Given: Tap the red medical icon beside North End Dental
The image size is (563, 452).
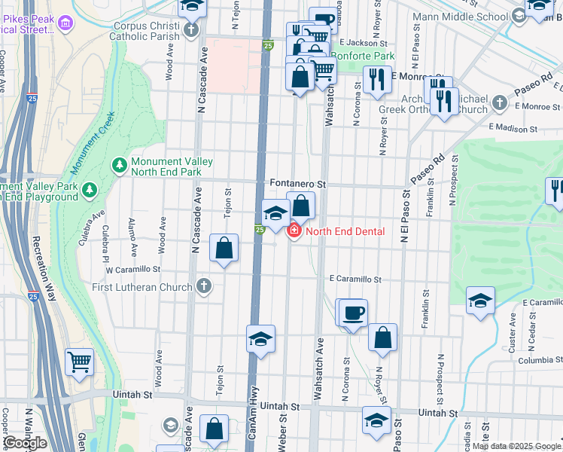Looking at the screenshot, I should coord(294,231).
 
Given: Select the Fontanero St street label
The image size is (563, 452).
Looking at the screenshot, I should coord(297,184).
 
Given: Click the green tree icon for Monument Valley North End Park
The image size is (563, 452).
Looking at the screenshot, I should coord(119,163).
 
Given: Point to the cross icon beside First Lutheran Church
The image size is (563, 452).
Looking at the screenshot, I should coord(203,286).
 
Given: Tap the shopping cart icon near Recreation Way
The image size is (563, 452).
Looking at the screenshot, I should coord(79,362).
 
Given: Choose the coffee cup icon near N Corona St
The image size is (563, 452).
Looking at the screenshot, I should coord(352,313).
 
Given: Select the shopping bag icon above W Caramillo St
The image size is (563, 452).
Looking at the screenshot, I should coord(224,248).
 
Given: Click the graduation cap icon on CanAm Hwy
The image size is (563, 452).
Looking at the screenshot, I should coord(260,339).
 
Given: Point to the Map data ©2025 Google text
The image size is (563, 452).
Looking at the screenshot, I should coord(516,446).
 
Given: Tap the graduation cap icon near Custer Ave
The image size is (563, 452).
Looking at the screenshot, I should coord(480,301).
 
